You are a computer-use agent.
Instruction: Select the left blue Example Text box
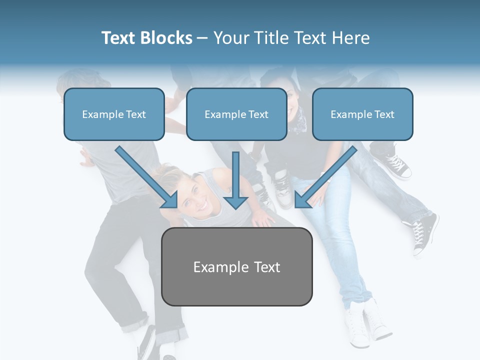[114, 114]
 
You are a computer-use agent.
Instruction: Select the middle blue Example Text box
[236, 114]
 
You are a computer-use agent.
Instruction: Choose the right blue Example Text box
[362, 114]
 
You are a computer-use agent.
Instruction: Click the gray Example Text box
[237, 266]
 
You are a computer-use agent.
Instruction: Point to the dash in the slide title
[202, 38]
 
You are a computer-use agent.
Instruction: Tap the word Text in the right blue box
[384, 114]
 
